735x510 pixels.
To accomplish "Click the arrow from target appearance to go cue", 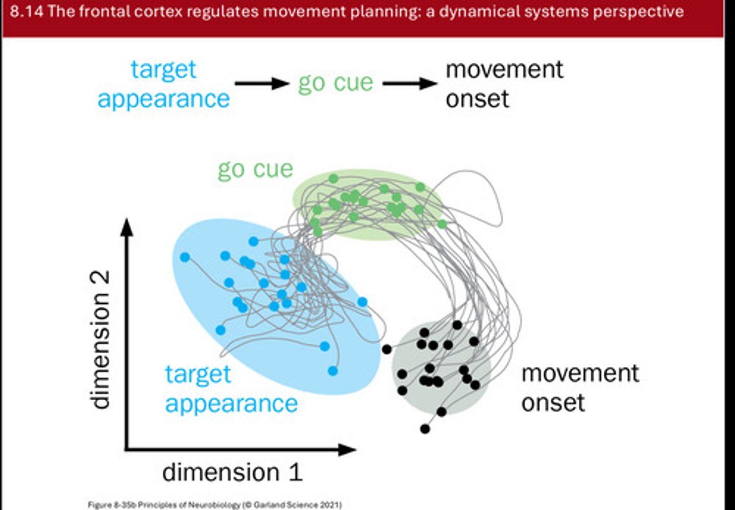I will [262, 83].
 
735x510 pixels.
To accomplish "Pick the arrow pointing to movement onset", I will [409, 83].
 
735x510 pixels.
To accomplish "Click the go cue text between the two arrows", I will [335, 83].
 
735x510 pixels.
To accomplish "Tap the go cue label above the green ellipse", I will [255, 169].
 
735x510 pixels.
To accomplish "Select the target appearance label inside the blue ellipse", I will [231, 388].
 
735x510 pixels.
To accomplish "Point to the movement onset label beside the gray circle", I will [579, 387].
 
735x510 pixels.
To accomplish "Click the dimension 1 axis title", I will [232, 472].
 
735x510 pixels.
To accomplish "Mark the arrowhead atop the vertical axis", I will [127, 227].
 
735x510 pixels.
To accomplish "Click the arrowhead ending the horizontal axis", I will [347, 450].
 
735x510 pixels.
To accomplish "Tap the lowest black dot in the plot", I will [425, 429].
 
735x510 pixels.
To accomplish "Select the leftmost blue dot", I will [185, 257].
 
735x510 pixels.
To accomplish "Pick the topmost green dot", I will [333, 179].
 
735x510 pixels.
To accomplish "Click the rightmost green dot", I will [442, 224].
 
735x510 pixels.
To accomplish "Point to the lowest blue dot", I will [333, 371].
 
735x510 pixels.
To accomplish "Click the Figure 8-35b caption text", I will [214, 505].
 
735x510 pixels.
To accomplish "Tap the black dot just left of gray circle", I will [387, 349].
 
